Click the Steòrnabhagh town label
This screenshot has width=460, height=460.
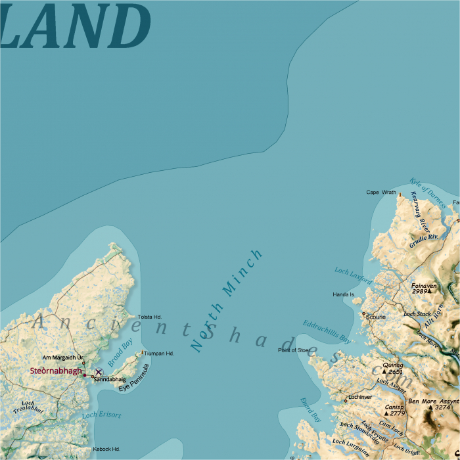[56, 371]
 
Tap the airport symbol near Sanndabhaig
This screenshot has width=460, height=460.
[99, 372]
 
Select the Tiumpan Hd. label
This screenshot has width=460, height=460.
[159, 354]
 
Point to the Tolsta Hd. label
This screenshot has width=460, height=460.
[150, 317]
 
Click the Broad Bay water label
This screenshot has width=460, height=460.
[120, 352]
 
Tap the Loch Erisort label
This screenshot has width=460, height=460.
[102, 415]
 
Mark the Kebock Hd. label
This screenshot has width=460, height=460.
[106, 449]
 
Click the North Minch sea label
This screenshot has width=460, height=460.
[227, 300]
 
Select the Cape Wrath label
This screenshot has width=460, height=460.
[381, 193]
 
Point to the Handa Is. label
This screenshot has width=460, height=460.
[344, 294]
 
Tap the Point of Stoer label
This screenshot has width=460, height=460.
[294, 350]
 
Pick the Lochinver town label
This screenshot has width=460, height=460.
[361, 397]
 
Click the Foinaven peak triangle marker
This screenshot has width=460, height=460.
[430, 291]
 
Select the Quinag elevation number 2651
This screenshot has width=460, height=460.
[396, 372]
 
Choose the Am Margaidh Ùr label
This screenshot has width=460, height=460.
[63, 357]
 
